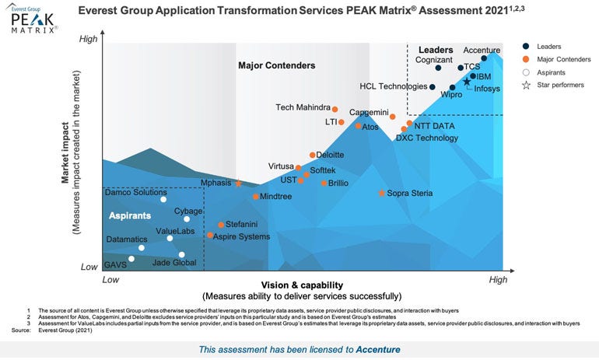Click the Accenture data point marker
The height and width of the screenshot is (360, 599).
click(485, 58)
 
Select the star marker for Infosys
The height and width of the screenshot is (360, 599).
click(467, 82)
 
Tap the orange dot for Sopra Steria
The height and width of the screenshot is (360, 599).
click(381, 193)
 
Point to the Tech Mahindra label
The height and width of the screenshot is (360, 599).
click(303, 107)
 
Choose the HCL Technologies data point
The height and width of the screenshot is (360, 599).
click(433, 86)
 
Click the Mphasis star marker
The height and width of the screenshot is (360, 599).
click(239, 183)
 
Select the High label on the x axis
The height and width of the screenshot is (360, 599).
click(497, 278)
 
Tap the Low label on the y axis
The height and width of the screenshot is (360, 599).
click(91, 266)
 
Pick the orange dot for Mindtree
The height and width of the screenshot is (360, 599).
click(254, 197)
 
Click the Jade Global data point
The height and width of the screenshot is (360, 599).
click(182, 254)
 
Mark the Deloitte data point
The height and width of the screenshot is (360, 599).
click(313, 156)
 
